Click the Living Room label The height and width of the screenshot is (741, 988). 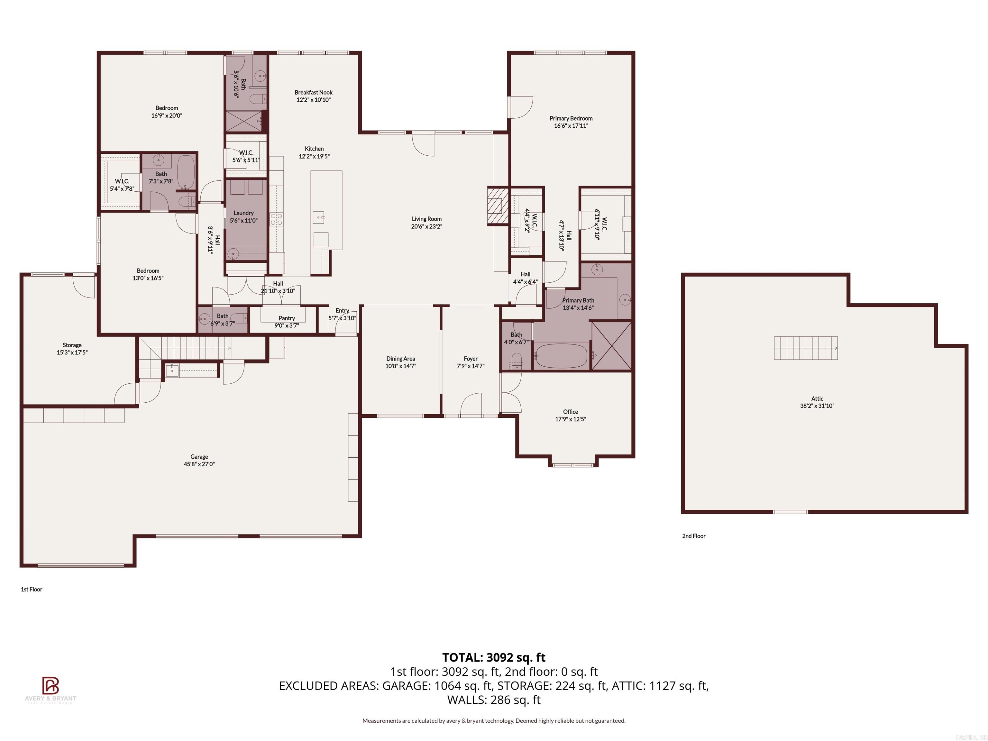point(426,219)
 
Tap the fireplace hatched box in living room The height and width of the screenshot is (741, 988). point(497,206)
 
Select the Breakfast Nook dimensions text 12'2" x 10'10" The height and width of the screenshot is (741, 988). point(313,100)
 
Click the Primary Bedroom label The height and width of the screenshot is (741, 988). point(571,118)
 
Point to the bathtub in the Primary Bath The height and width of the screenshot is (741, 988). point(561,355)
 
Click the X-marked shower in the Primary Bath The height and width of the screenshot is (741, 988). point(611,346)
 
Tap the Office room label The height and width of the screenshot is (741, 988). point(570,412)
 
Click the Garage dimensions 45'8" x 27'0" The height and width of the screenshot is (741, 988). point(199,464)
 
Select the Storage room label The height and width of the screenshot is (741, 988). point(72,345)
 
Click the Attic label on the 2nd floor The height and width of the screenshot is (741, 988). point(817,399)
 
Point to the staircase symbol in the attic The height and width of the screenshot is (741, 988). point(805,348)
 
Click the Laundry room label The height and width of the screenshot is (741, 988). point(243,213)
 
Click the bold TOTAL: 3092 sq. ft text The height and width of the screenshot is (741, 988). point(494,657)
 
